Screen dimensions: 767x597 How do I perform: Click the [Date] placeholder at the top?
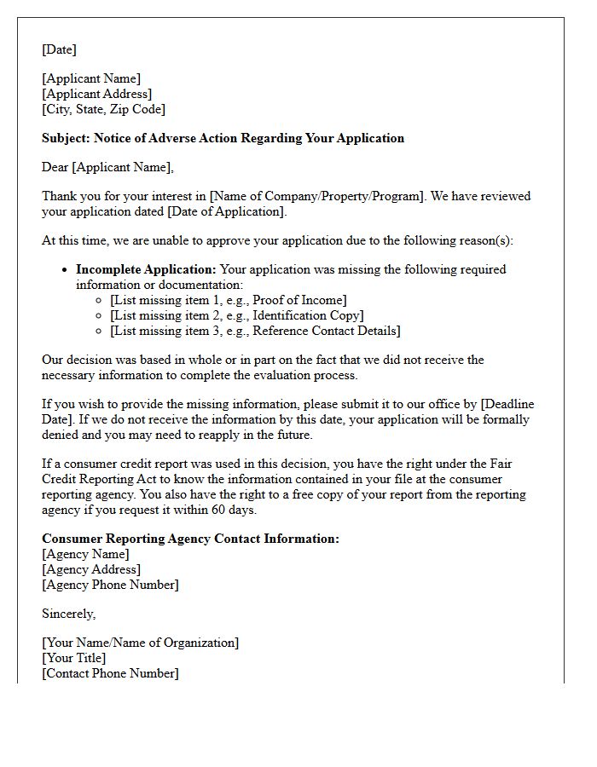[x=59, y=49]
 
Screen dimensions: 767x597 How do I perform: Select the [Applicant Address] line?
[x=96, y=94]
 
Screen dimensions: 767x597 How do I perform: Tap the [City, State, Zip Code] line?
[x=103, y=109]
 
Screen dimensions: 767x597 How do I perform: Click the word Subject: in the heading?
[x=66, y=138]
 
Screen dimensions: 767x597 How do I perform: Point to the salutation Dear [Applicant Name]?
[x=107, y=167]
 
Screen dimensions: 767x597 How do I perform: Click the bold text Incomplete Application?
[x=146, y=269]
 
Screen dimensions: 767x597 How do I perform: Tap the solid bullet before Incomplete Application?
[x=66, y=269]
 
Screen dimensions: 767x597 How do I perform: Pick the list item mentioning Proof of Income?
[x=228, y=300]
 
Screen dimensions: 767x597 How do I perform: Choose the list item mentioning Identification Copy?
[x=236, y=315]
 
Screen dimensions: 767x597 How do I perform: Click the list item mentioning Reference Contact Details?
[x=255, y=331]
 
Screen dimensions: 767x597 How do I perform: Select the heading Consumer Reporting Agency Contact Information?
[x=190, y=539]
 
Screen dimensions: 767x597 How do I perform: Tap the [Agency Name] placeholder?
[x=85, y=554]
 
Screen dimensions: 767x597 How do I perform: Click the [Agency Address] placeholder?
[x=91, y=569]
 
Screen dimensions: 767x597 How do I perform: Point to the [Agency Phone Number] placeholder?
[x=110, y=585]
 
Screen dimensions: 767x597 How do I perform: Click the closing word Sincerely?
[x=68, y=614]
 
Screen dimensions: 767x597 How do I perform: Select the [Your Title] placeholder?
[x=74, y=658]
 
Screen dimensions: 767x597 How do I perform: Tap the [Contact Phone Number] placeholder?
[x=110, y=673]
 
